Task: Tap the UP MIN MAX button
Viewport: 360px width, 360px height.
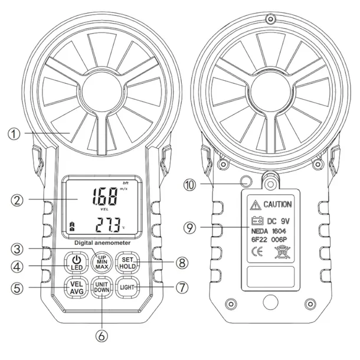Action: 102,260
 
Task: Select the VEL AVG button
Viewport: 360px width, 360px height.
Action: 76,287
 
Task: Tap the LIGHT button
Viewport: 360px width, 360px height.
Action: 127,287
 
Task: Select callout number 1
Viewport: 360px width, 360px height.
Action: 17,134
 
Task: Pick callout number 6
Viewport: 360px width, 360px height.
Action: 102,336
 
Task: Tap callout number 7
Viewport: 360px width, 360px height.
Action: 183,287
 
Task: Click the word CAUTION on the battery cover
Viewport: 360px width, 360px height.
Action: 277,205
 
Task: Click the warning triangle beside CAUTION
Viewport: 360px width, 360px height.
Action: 254,205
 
